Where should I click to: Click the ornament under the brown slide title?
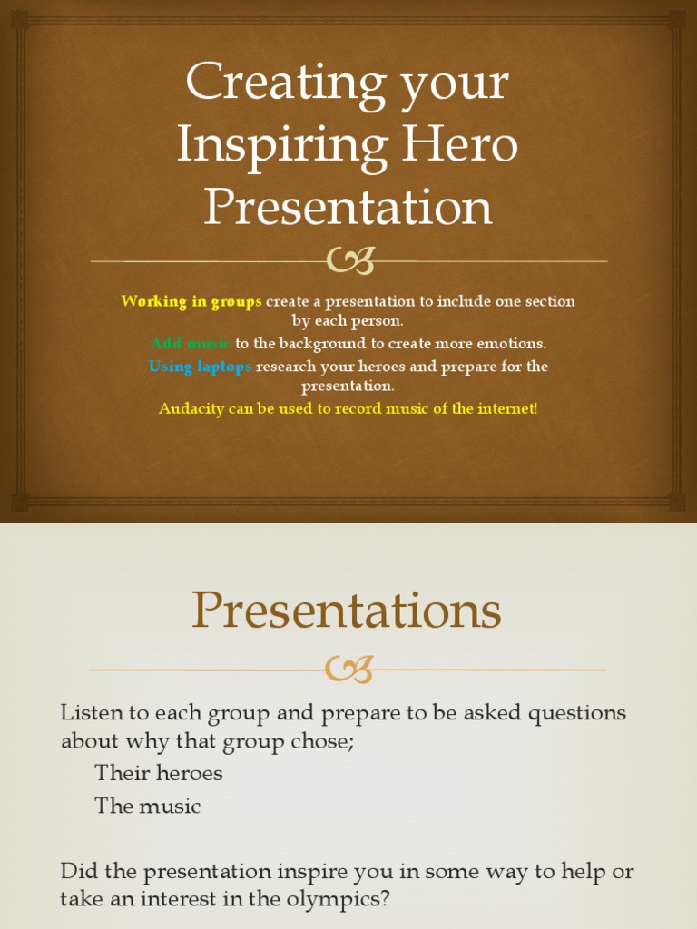pyautogui.click(x=349, y=262)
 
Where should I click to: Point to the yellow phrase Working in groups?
pyautogui.click(x=191, y=301)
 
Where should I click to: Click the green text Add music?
pyautogui.click(x=191, y=344)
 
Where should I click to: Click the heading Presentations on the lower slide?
pyautogui.click(x=347, y=611)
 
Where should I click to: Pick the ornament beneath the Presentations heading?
pyautogui.click(x=349, y=670)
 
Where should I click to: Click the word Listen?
pyautogui.click(x=89, y=713)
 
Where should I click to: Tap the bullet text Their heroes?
pyautogui.click(x=159, y=774)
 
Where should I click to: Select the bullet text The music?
pyautogui.click(x=148, y=806)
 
